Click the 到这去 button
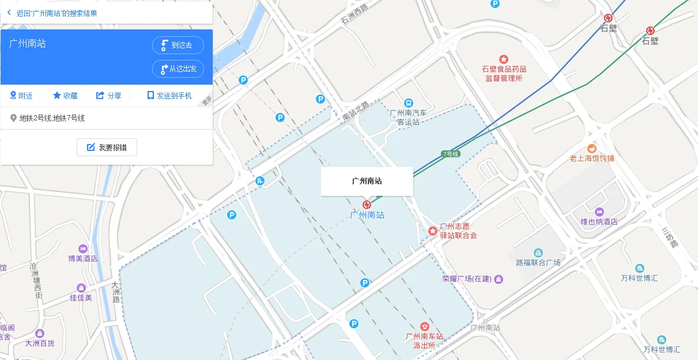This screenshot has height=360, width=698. (x=178, y=45)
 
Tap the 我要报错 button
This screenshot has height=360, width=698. (x=107, y=147)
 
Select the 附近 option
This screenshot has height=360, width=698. (x=21, y=96)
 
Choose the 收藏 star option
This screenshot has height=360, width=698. (x=65, y=96)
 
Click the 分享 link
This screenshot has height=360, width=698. (x=108, y=96)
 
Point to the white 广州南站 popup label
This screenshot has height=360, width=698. (x=367, y=181)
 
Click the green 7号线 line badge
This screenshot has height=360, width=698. (x=450, y=154)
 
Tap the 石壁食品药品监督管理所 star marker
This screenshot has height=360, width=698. (x=504, y=59)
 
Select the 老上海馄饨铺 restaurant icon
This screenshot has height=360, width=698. (x=591, y=148)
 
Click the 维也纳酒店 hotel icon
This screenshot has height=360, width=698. (x=599, y=211)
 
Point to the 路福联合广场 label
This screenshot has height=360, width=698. (x=538, y=263)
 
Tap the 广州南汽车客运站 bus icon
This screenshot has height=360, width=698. (x=409, y=103)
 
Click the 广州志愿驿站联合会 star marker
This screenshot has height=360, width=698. (x=433, y=231)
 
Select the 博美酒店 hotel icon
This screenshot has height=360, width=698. (x=83, y=248)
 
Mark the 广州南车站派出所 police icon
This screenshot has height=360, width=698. (x=425, y=327)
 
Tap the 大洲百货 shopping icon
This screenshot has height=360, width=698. (x=39, y=333)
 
